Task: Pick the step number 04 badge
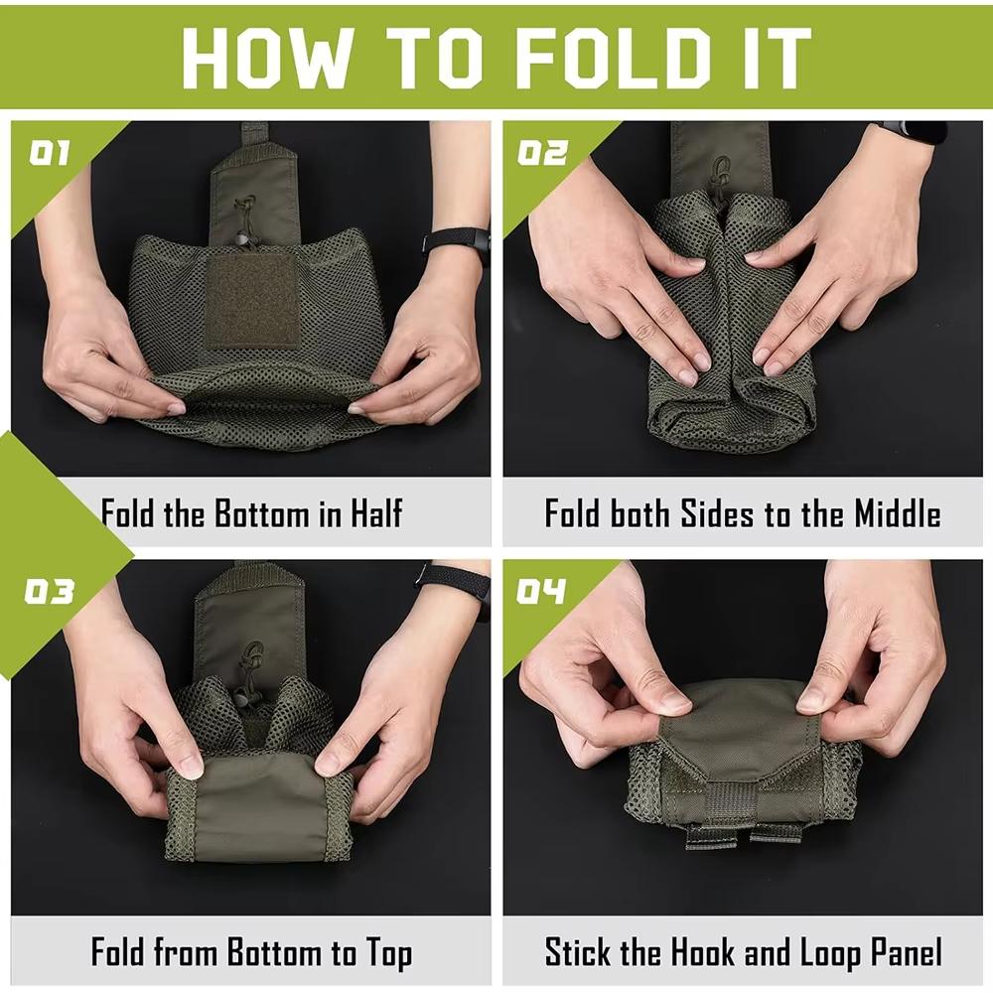(542, 593)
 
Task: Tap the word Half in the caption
(375, 514)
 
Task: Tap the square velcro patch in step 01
(251, 300)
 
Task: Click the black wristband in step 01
(457, 241)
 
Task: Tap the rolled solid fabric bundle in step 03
(258, 804)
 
